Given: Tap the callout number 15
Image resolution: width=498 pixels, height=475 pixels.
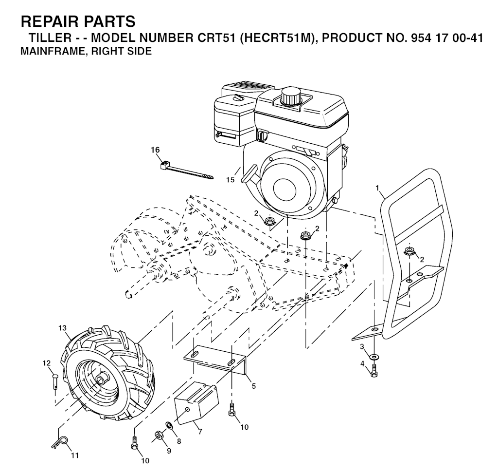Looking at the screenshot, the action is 230,180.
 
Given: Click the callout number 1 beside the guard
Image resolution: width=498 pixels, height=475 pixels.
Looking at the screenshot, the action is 377,188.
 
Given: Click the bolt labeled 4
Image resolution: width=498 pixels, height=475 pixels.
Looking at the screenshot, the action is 374,371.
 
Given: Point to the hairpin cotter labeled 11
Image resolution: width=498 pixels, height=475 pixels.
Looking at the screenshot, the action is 60,442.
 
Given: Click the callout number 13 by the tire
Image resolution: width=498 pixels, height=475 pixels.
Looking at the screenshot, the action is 63,327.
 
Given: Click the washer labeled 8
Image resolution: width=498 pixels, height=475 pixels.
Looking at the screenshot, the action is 168,424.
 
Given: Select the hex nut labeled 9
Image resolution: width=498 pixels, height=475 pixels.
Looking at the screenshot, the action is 159,435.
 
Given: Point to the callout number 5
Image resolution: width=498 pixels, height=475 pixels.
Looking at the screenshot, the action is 253,386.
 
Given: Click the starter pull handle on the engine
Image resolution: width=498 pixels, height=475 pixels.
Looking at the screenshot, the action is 249,174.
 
